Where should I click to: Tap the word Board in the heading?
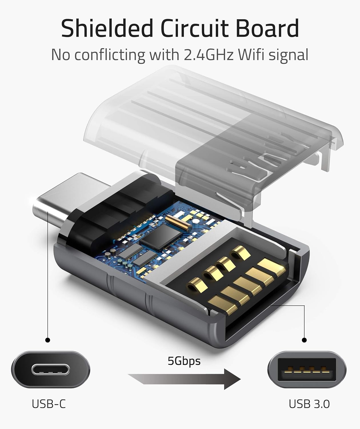268,29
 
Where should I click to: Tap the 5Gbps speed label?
184,361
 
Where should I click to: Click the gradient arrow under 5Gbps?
184,379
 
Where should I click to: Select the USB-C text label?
49,404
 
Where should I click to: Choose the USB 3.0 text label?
309,404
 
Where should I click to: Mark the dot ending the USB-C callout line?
48,340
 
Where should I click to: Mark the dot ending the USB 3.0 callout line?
304,340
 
